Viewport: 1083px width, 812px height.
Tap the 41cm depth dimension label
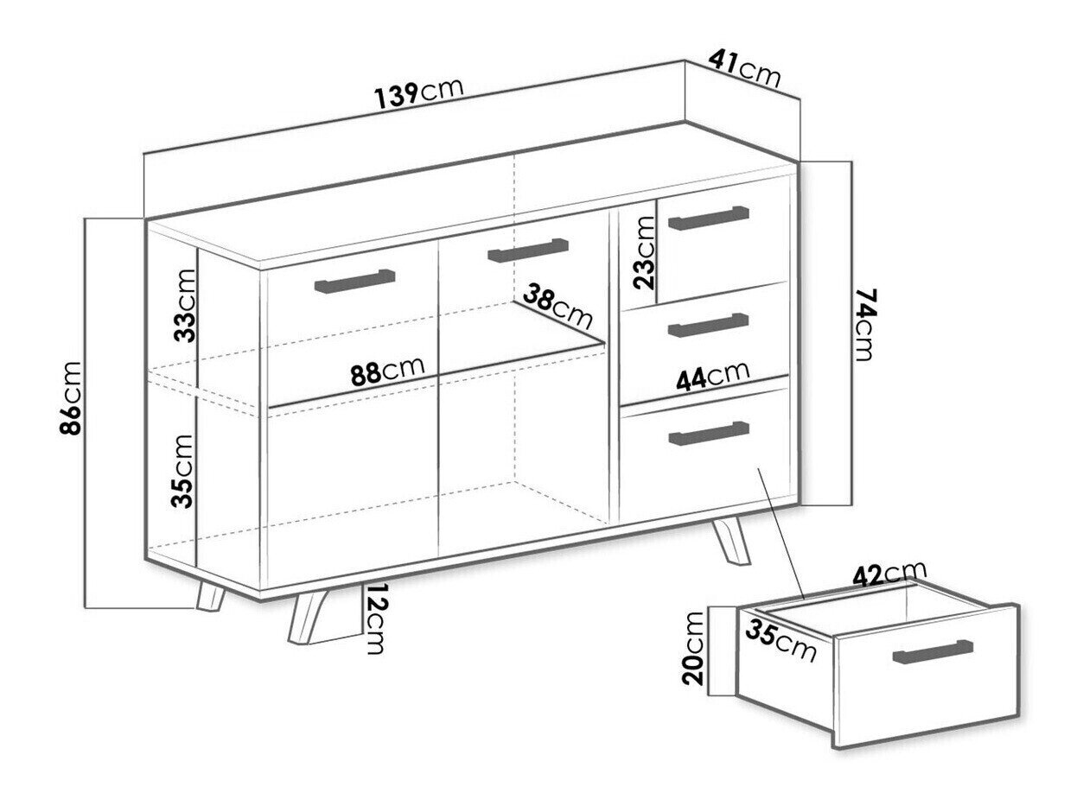(744, 69)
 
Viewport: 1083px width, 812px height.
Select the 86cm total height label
(71, 398)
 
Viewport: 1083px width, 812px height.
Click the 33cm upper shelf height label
(184, 305)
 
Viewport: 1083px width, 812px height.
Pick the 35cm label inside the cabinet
(182, 471)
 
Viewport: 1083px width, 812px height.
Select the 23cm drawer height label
(645, 253)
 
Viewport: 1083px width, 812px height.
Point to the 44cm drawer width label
(712, 376)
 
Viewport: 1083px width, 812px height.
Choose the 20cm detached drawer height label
(691, 649)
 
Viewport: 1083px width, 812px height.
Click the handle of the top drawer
(709, 218)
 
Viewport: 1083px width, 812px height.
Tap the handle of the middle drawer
(708, 325)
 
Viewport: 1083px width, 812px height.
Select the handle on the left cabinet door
(354, 281)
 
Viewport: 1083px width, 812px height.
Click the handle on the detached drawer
(933, 652)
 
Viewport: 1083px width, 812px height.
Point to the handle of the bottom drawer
(708, 434)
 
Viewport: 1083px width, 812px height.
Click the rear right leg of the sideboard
(730, 542)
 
